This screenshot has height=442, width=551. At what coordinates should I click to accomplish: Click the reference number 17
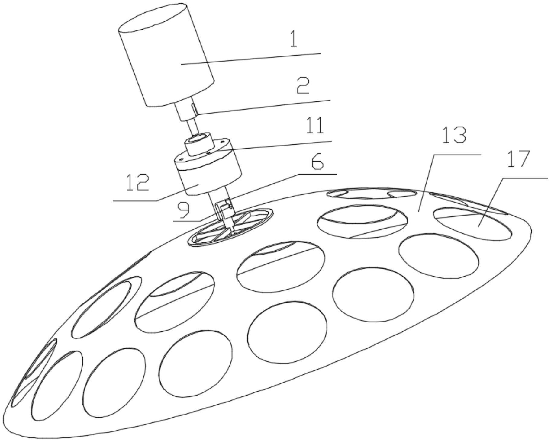pyautogui.click(x=518, y=159)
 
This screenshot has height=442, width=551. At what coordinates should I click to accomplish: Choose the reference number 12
pyautogui.click(x=137, y=182)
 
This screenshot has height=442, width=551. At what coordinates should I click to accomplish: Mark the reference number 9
pyautogui.click(x=184, y=210)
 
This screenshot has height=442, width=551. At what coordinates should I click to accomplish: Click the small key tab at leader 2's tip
pyautogui.click(x=195, y=109)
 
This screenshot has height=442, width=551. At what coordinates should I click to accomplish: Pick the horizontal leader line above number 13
pyautogui.click(x=456, y=155)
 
